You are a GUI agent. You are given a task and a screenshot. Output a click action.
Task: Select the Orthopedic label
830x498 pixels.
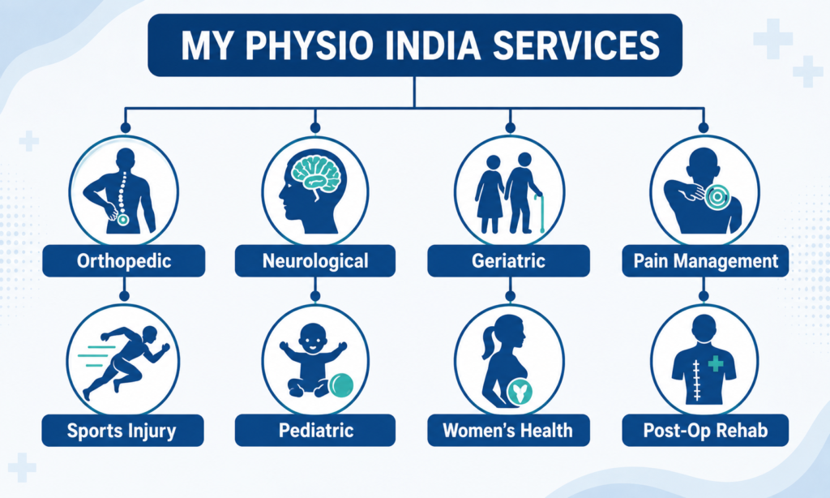coord(124,260)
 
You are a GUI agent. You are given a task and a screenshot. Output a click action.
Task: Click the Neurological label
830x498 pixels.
coord(315,260)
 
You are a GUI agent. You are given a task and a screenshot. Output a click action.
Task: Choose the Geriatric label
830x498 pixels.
coord(509,260)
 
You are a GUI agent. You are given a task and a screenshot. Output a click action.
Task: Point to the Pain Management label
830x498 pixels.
coord(706,260)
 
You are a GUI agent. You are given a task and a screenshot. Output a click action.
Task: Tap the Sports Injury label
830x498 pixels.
coord(123,430)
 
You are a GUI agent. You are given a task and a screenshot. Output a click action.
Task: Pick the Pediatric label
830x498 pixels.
coord(315,430)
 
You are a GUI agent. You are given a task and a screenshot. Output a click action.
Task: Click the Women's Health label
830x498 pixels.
coord(509,430)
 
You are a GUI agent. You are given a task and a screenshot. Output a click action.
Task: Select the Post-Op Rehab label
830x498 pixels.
coord(706,430)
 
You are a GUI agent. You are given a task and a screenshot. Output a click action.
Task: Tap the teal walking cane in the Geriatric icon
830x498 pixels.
coord(540,213)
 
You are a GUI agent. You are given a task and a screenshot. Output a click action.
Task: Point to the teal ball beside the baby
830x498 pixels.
coord(341,385)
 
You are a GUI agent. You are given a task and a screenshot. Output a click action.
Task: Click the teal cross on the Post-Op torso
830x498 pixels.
coord(716,363)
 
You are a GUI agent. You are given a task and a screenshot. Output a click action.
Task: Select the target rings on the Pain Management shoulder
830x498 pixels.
coord(717,197)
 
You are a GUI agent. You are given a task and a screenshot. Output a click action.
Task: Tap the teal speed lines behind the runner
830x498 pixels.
coord(96,356)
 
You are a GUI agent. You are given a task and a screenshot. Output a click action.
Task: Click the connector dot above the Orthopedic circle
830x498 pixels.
coord(126,127)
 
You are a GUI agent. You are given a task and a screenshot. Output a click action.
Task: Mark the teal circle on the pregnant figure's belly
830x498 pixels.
coord(520,393)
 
